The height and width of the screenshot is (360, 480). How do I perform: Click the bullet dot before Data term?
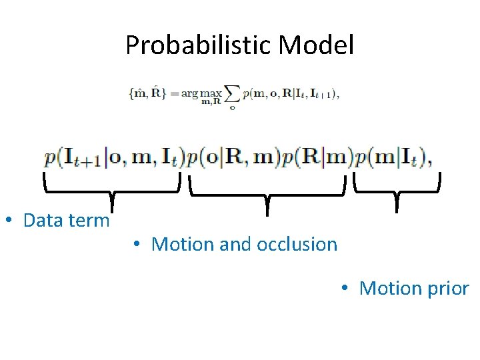pyautogui.click(x=9, y=221)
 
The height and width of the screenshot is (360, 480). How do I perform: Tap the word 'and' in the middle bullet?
pyautogui.click(x=234, y=244)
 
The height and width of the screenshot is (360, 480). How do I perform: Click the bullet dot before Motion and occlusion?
pyautogui.click(x=136, y=245)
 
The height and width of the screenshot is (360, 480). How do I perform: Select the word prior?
pyautogui.click(x=447, y=288)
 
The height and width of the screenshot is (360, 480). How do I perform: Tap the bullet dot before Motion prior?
pyautogui.click(x=344, y=289)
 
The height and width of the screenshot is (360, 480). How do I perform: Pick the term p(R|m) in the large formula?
pyautogui.click(x=318, y=158)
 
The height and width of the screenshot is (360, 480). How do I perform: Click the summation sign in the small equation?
pyautogui.click(x=231, y=95)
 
